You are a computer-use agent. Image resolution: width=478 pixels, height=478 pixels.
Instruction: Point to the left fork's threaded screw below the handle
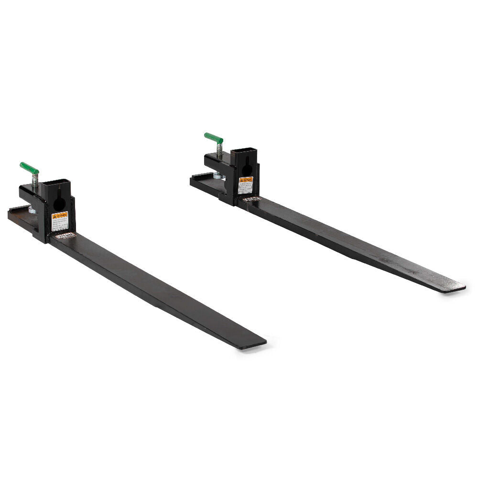(x=34, y=179)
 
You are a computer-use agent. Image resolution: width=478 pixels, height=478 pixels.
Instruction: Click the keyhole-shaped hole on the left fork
(x=60, y=204)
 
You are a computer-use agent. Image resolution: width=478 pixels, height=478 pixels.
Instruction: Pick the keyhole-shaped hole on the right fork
(x=246, y=171)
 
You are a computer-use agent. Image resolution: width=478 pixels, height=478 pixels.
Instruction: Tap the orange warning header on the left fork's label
(x=60, y=215)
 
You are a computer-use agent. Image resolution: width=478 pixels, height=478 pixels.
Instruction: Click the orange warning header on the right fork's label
(x=246, y=180)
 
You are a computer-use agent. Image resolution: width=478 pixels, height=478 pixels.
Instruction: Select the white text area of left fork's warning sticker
(x=60, y=225)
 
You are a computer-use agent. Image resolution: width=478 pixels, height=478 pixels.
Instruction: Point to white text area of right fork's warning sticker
(x=246, y=188)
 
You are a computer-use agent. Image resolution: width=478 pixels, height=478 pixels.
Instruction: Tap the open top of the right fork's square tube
(x=244, y=152)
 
